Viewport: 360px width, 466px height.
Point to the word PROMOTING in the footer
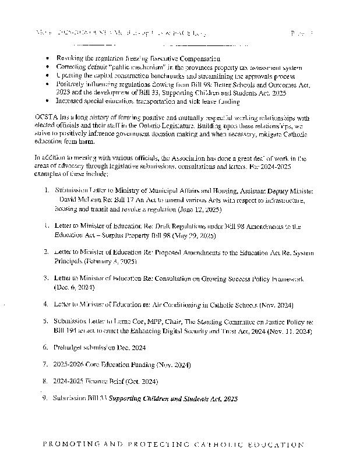pyautogui.click(x=69, y=445)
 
